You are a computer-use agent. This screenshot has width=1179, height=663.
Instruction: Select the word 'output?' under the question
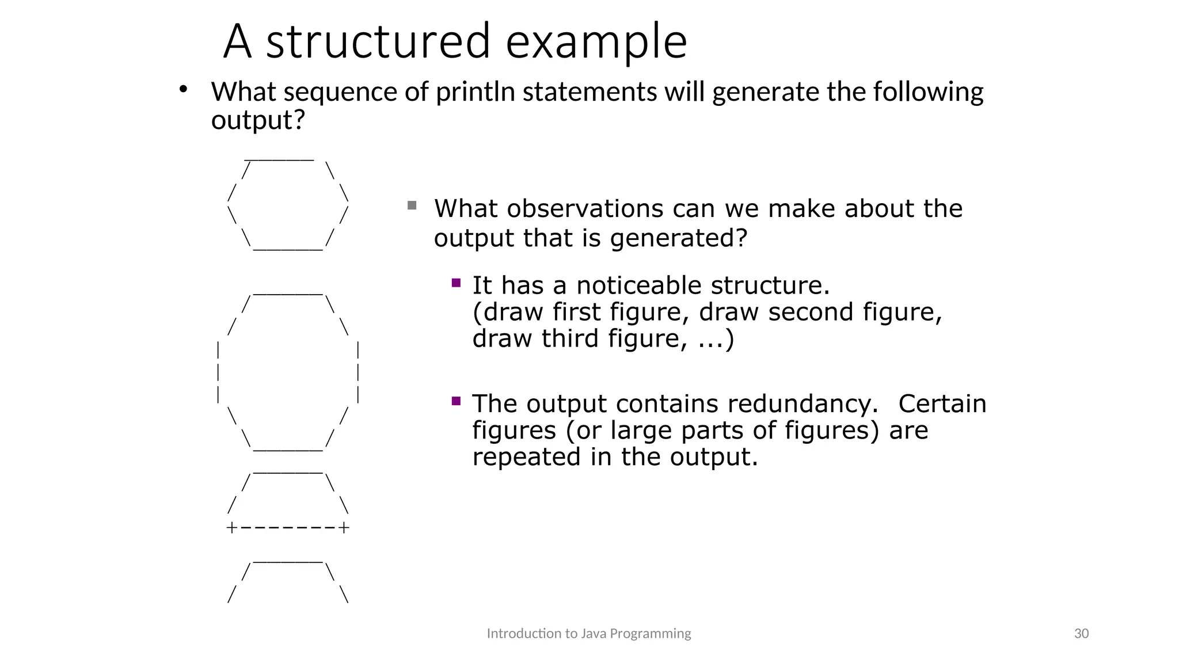pyautogui.click(x=257, y=120)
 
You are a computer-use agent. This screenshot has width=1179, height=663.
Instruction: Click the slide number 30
pyautogui.click(x=1081, y=634)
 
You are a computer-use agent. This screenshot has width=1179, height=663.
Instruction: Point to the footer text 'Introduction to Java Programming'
pyautogui.click(x=589, y=634)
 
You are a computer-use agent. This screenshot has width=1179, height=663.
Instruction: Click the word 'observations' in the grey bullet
pyautogui.click(x=585, y=208)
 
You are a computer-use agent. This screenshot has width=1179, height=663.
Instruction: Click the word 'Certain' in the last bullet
pyautogui.click(x=942, y=403)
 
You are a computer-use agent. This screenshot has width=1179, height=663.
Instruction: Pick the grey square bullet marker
pyautogui.click(x=412, y=205)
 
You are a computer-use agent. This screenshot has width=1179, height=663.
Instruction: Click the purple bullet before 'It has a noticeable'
pyautogui.click(x=457, y=283)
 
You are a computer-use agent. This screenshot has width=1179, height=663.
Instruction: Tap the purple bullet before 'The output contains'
pyautogui.click(x=457, y=401)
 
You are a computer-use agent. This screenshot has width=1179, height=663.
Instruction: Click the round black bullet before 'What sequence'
pyautogui.click(x=183, y=89)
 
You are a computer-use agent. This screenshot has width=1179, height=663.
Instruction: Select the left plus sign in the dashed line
pyautogui.click(x=231, y=528)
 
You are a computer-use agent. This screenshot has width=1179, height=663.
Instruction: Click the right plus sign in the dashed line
pyautogui.click(x=344, y=528)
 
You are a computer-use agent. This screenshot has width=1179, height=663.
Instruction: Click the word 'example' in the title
pyautogui.click(x=596, y=41)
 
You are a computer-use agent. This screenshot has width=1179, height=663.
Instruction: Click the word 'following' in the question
pyautogui.click(x=928, y=92)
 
